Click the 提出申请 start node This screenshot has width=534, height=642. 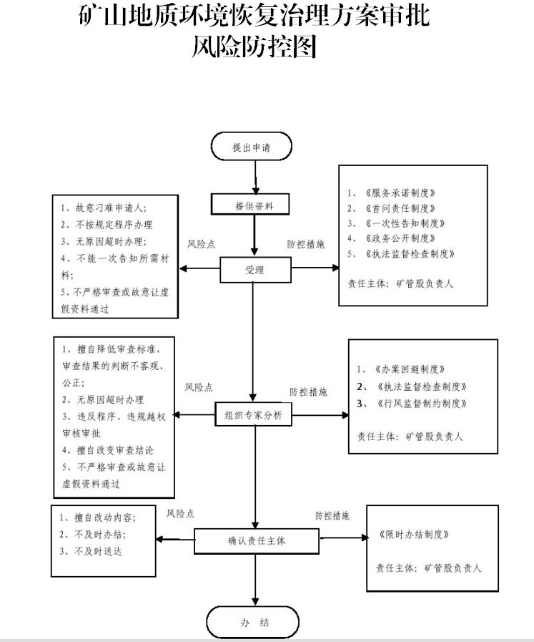[252, 147]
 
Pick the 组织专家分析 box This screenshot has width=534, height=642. [254, 414]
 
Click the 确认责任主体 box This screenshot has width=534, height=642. [256, 540]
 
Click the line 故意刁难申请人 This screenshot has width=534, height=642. [107, 208]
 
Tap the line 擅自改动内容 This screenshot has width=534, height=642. [100, 517]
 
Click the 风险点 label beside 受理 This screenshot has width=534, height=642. [201, 244]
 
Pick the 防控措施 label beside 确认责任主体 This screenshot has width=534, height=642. [332, 515]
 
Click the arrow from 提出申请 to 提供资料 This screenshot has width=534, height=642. [252, 176]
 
